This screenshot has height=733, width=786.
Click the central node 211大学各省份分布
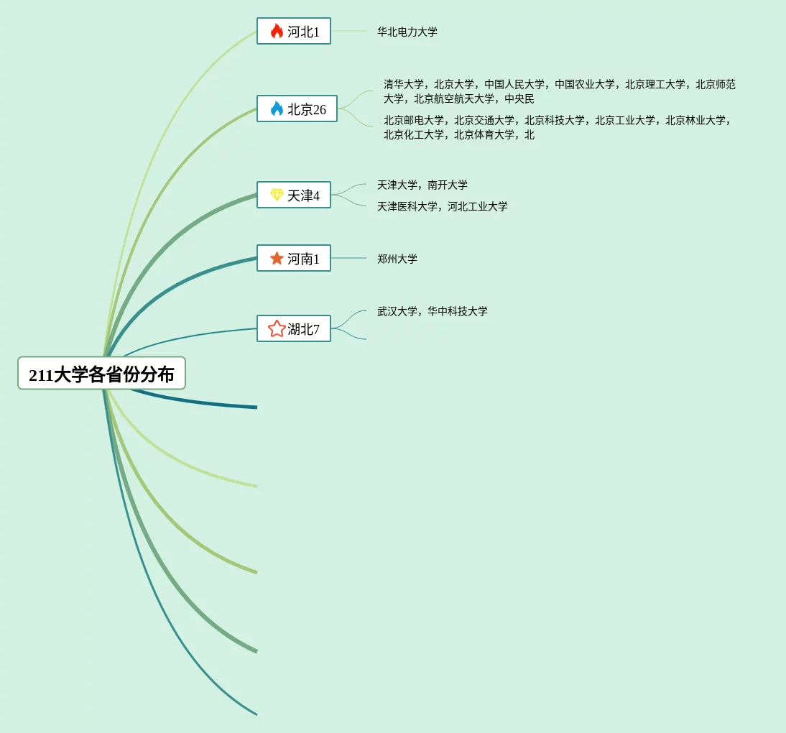[x=101, y=374]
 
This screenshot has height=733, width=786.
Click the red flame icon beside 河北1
[x=277, y=31]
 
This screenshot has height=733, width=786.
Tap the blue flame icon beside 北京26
[x=277, y=109]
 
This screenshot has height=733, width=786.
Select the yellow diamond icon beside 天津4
[x=277, y=195]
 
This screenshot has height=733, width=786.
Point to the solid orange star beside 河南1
[x=277, y=258]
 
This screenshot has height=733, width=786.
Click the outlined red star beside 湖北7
[x=277, y=328]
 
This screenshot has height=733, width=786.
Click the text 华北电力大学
[x=407, y=32]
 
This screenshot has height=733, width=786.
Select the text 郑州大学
[x=397, y=259]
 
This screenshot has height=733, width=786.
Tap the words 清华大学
[x=404, y=84]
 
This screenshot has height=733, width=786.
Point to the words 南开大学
[x=448, y=185]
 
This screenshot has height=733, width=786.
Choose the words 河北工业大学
[x=478, y=206]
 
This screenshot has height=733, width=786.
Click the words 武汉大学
[x=397, y=311]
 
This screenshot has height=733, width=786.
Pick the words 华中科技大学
[x=458, y=311]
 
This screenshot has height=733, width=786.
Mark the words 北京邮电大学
[x=414, y=120]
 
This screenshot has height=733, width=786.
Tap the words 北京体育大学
[x=484, y=134]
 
